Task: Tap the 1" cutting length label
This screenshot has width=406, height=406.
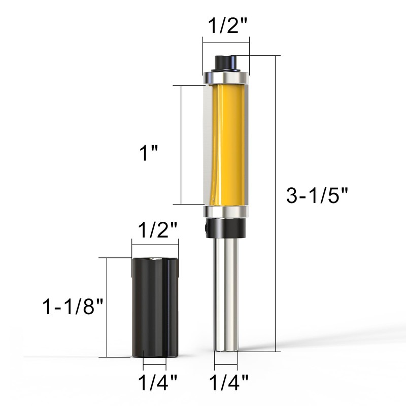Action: click(148, 153)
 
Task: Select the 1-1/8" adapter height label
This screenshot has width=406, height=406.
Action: click(73, 307)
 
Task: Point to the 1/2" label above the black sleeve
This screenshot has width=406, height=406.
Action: click(158, 230)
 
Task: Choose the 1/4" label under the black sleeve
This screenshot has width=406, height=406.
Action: click(158, 382)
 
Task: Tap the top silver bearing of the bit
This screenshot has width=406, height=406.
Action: click(226, 78)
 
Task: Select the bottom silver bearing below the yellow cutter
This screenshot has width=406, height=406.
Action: click(226, 212)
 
